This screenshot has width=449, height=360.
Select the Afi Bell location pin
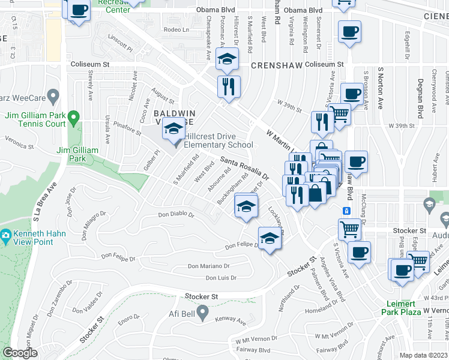(203, 312)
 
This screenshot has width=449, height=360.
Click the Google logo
(20, 353)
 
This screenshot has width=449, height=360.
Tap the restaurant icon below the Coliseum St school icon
(229, 86)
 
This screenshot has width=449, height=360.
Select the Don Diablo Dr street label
(176, 214)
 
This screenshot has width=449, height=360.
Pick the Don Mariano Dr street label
(208, 266)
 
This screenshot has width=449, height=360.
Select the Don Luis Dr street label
(221, 278)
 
